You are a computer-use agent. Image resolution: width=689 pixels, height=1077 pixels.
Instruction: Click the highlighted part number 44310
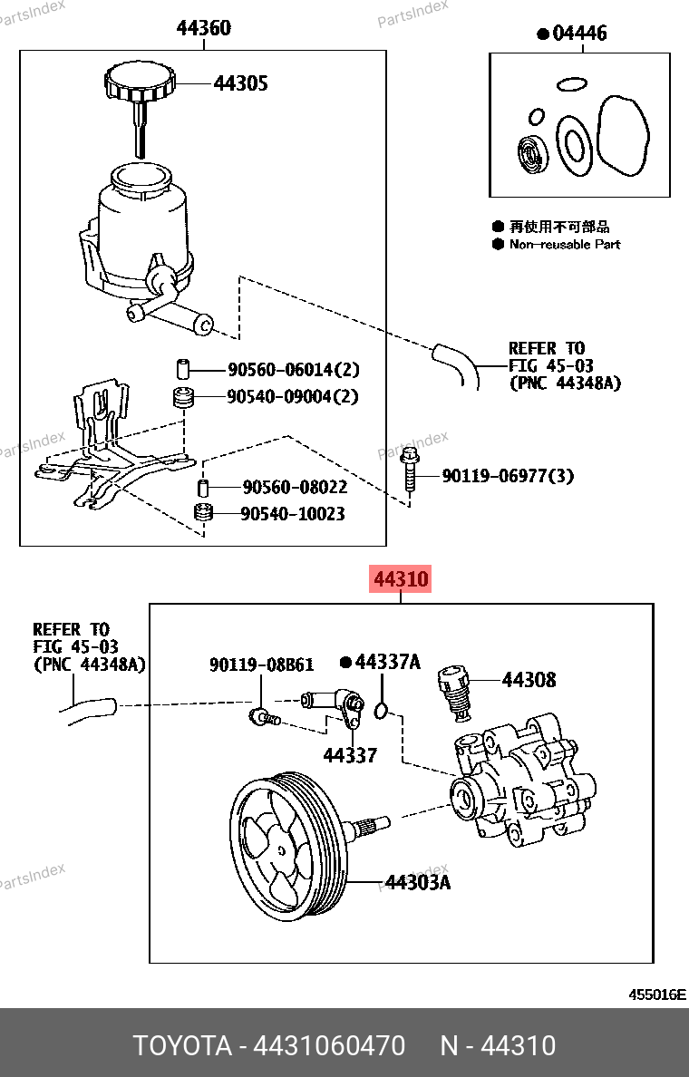click(x=400, y=578)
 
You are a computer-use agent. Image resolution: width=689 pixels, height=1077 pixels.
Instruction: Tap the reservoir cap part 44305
click(x=138, y=83)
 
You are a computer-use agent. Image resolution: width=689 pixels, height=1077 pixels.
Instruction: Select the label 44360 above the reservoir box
click(x=203, y=28)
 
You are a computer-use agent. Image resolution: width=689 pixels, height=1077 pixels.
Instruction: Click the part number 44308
click(x=529, y=679)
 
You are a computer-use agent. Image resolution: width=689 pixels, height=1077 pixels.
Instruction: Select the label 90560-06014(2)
click(x=294, y=369)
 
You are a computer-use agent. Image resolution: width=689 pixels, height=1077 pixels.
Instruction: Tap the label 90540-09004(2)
click(x=294, y=396)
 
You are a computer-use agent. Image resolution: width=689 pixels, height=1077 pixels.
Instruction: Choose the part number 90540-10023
click(x=293, y=514)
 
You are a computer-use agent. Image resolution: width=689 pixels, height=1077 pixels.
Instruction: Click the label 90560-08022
click(x=295, y=487)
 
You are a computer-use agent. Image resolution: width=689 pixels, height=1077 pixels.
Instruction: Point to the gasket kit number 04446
click(x=578, y=34)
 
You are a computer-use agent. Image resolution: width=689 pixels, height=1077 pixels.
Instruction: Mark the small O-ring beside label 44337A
click(x=383, y=708)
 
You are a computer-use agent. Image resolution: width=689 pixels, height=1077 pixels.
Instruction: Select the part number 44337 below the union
click(x=350, y=754)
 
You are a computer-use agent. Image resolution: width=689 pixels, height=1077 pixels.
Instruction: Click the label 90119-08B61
click(x=261, y=665)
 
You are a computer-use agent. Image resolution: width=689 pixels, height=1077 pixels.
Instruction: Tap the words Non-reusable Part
click(x=564, y=244)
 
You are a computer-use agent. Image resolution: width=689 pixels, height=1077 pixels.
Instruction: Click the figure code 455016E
click(x=657, y=995)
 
